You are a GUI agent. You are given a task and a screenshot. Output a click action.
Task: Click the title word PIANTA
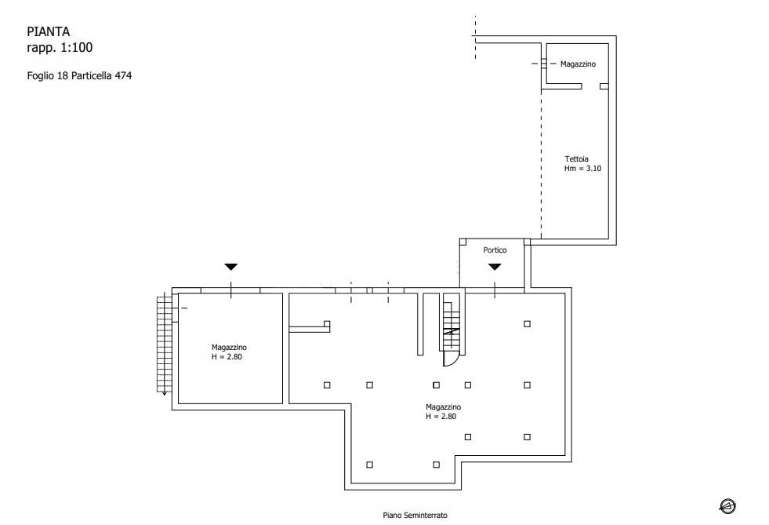click(x=48, y=32)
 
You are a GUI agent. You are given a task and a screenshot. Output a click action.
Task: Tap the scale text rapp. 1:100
click(x=60, y=48)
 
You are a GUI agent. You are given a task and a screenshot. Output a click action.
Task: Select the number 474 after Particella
click(x=123, y=75)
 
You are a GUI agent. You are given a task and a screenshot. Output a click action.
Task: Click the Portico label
click(x=495, y=250)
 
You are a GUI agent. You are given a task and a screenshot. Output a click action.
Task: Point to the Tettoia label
click(x=576, y=159)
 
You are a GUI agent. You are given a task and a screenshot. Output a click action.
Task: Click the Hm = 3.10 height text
click(x=582, y=169)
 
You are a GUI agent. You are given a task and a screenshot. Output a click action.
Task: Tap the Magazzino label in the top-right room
click(x=578, y=64)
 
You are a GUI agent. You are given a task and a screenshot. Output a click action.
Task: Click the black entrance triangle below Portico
click(x=495, y=267)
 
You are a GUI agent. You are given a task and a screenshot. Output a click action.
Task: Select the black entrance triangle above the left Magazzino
click(x=231, y=267)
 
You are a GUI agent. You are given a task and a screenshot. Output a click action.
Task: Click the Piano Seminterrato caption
click(x=415, y=515)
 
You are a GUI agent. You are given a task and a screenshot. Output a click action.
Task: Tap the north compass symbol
click(x=727, y=506)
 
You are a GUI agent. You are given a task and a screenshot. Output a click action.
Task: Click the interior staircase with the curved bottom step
click(x=452, y=330)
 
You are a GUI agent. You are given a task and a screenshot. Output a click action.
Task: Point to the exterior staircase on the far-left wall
click(x=165, y=344)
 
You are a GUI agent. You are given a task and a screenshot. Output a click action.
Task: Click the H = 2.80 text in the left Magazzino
click(x=227, y=357)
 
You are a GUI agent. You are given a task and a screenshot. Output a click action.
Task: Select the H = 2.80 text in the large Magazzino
click(x=441, y=417)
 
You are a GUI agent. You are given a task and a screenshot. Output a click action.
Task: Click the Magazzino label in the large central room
click(x=444, y=407)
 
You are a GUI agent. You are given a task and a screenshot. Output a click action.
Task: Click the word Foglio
click(x=41, y=75)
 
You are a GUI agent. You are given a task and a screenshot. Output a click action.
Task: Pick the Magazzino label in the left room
click(x=229, y=348)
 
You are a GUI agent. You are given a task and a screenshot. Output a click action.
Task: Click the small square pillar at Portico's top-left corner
click(x=462, y=242)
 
